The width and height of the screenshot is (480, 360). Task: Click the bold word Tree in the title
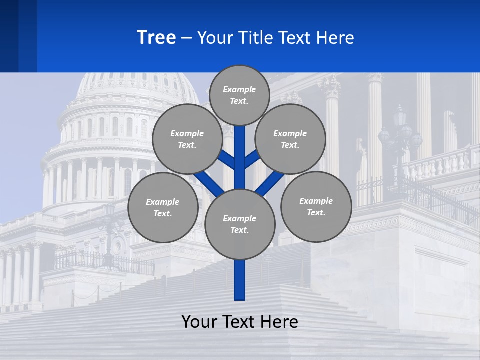point(156,38)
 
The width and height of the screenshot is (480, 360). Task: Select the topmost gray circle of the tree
point(239,95)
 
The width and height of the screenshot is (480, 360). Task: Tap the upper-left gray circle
point(187,139)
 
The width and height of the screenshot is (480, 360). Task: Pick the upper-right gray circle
point(290,139)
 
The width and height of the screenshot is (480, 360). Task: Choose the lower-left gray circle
point(163,208)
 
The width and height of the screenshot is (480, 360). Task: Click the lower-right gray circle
point(316,207)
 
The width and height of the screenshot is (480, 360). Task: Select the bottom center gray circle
point(240,224)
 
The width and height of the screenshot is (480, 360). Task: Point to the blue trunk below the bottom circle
point(240,280)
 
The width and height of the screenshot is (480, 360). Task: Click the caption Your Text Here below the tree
point(240,322)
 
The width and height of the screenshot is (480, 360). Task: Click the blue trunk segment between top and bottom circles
point(240,165)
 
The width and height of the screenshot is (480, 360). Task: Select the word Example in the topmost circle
point(239,90)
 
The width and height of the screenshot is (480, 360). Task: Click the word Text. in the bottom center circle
point(239,230)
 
